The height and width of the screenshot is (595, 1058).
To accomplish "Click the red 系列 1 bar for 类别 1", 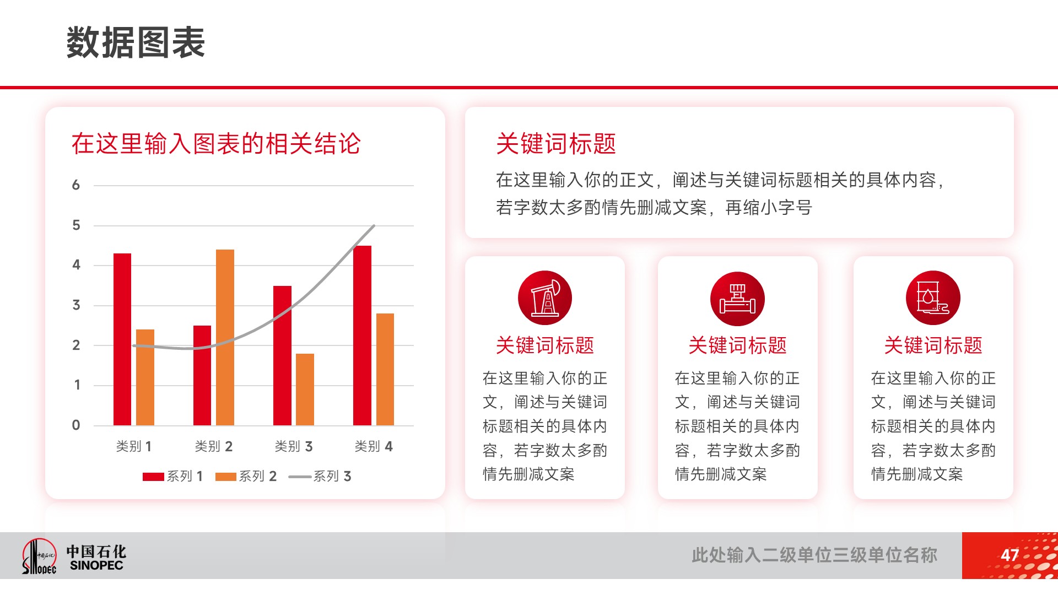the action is pos(122,339).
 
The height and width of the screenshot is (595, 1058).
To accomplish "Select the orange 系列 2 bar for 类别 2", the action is pos(225,337).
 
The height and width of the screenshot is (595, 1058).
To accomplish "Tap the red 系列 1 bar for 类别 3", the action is pos(282,355).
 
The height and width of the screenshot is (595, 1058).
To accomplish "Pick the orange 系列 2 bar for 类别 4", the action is pos(385,369).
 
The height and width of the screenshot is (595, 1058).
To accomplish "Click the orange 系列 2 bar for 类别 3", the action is pos(305,390).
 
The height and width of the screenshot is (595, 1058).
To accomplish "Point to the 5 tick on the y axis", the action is pos(76,225).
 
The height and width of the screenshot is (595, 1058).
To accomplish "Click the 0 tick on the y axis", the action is pos(76,425).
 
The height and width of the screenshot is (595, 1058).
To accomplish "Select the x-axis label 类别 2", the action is pos(214,446).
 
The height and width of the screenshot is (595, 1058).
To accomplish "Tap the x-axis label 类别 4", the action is pos(374,446).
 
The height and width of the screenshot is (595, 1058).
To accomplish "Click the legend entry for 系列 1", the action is pos(172,476).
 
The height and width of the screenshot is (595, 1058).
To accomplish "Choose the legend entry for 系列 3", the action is pos(320,476).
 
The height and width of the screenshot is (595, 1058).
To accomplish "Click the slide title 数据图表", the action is pos(136,42).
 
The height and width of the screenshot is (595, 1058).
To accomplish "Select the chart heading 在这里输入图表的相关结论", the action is pos(216,144).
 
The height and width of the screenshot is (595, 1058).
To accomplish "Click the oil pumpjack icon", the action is pos(545,298).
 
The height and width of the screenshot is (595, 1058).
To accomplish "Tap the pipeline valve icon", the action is pos(737,299).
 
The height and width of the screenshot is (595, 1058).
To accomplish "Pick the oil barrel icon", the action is pos(933,298).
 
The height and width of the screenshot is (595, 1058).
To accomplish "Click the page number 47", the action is pos(1010,555).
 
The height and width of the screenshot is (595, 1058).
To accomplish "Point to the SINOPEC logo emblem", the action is pos(39,556).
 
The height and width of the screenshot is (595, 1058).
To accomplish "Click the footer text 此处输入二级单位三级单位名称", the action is pos(814,555).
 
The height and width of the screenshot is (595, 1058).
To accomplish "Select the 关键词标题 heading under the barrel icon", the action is pos(933,345).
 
